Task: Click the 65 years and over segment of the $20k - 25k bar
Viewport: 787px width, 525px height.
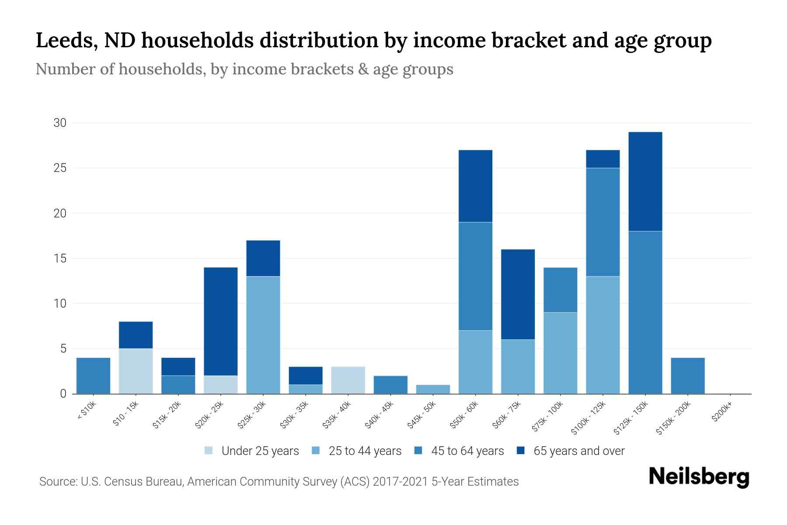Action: tap(221, 321)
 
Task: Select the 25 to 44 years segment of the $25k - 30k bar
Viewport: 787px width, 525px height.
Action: tap(263, 335)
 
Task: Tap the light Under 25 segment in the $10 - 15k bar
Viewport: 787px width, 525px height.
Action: tap(136, 371)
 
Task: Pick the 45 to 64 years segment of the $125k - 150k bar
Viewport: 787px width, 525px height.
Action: tap(645, 312)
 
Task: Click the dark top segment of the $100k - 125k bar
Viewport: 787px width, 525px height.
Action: tap(602, 159)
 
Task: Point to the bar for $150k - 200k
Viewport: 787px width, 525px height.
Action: tap(687, 376)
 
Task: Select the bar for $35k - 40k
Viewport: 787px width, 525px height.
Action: tap(348, 380)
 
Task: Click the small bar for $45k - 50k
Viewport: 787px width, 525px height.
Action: tap(433, 389)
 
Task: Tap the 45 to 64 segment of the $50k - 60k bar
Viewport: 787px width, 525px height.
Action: tap(475, 276)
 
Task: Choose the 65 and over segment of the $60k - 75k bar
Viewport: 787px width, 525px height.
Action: tap(518, 294)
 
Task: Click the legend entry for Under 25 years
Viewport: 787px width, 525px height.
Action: tap(260, 451)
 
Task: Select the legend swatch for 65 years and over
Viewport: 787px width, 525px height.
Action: tap(521, 451)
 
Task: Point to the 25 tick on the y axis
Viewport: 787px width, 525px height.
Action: tap(60, 168)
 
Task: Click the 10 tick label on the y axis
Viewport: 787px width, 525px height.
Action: tap(60, 303)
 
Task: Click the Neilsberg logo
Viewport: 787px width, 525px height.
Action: tap(699, 477)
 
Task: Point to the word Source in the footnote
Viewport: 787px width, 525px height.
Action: tap(57, 482)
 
